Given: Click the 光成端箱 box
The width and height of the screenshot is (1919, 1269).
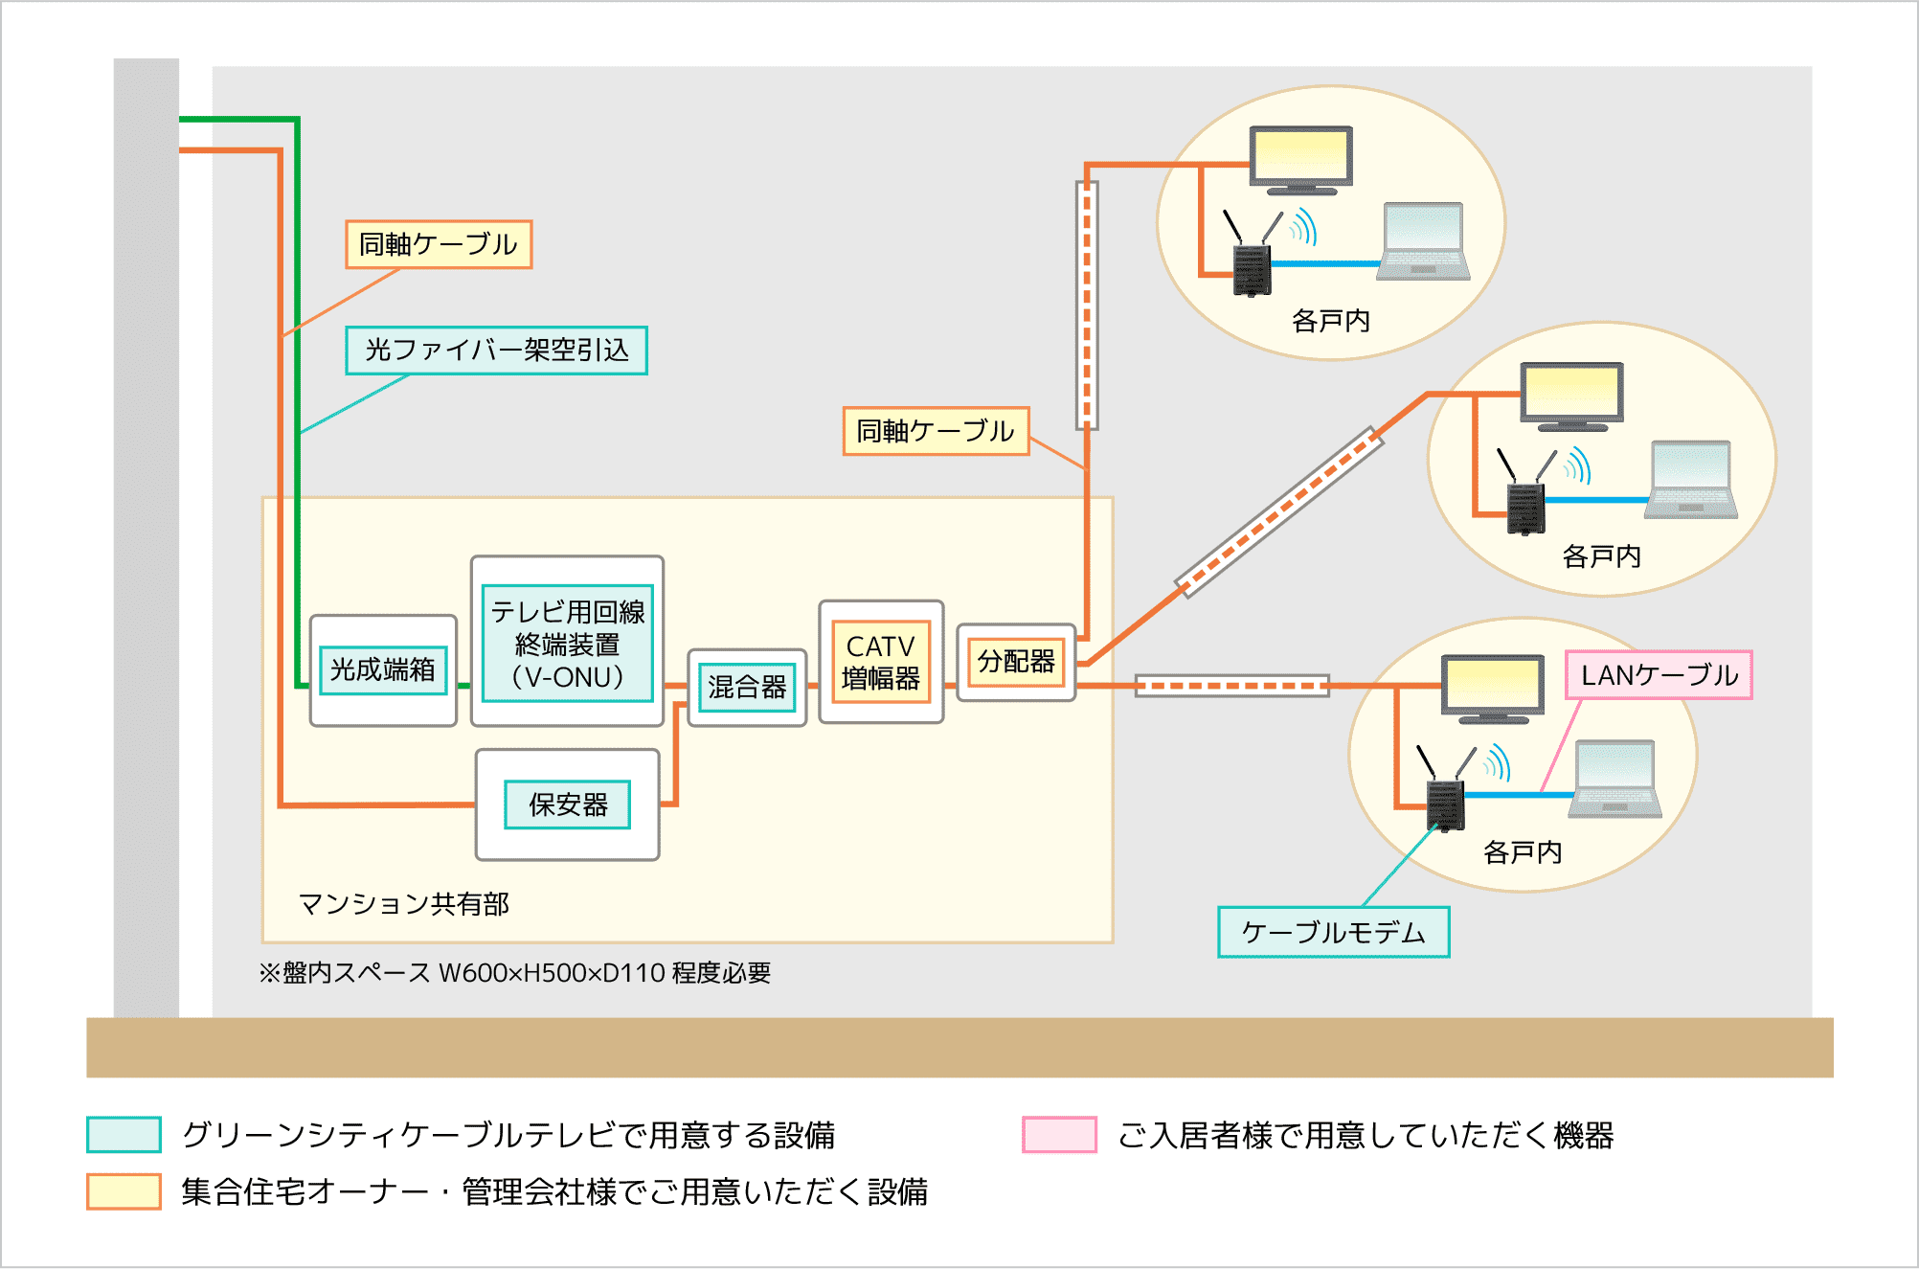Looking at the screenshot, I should (x=383, y=669).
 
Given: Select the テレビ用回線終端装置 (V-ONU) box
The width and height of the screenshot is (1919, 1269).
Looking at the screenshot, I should (x=568, y=643).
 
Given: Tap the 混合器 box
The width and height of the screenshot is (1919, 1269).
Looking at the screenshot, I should (x=747, y=687).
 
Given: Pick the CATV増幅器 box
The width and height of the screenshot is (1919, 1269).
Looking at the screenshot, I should (x=881, y=662).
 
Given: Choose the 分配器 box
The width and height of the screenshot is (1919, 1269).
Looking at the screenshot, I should (x=1016, y=661).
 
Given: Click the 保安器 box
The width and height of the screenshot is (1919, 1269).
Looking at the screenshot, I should (x=568, y=804).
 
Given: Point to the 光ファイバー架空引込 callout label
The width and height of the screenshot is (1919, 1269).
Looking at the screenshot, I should (x=496, y=350).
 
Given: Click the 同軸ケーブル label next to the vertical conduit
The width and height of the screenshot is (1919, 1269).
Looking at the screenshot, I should (x=936, y=431).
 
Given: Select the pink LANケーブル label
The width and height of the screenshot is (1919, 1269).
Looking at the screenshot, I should (x=1659, y=675).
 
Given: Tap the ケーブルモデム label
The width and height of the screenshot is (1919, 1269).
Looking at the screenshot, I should (x=1333, y=932).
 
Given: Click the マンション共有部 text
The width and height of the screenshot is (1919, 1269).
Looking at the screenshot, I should (x=404, y=903).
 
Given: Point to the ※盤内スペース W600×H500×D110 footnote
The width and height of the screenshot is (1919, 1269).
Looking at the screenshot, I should (x=515, y=973).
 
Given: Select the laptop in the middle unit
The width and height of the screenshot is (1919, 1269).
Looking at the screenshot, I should (x=1691, y=480).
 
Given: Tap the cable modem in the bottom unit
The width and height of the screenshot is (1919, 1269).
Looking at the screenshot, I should (x=1445, y=804).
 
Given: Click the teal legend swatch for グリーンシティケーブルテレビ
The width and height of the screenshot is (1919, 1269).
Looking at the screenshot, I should (x=124, y=1134).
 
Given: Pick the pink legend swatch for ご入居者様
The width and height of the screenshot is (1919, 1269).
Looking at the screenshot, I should (x=1059, y=1134).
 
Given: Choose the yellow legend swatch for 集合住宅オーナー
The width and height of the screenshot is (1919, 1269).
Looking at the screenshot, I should (x=124, y=1191).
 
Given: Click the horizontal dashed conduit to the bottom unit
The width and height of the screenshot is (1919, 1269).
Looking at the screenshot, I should (x=1231, y=686).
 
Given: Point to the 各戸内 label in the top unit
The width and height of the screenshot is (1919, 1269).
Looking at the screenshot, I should (x=1330, y=321).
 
